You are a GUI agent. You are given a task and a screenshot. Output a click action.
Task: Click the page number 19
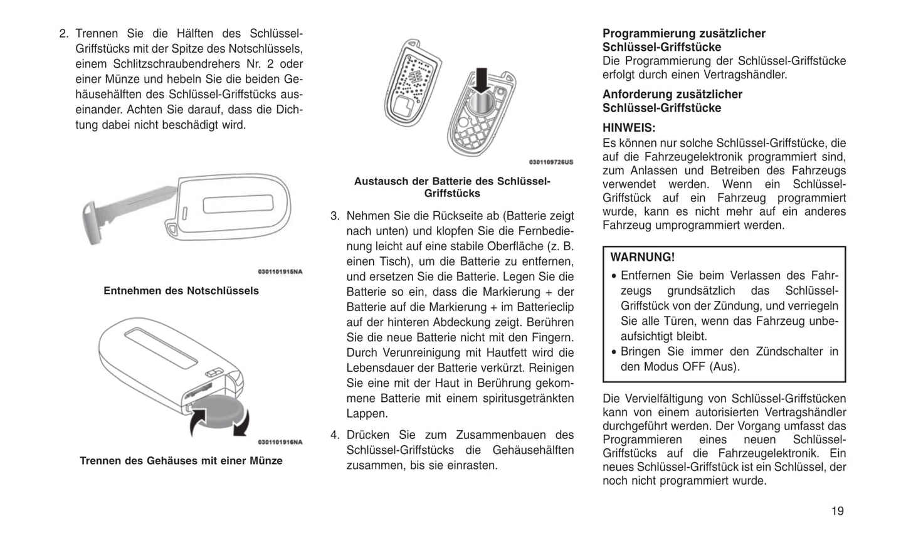click(837, 511)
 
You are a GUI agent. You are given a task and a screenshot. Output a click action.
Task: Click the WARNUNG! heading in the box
click(643, 257)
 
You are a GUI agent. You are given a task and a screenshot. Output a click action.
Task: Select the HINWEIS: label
click(629, 128)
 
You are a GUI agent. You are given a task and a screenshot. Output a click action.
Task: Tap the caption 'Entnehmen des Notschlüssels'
click(181, 291)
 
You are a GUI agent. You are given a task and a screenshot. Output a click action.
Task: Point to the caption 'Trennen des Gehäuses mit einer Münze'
click(181, 461)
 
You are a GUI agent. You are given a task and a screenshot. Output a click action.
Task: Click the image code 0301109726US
click(551, 162)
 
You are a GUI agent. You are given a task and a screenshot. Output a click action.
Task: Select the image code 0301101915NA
click(280, 272)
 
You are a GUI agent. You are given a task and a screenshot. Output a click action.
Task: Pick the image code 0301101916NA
click(280, 442)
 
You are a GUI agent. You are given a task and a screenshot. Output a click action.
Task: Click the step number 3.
click(335, 216)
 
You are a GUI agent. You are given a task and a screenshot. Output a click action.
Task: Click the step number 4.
click(335, 435)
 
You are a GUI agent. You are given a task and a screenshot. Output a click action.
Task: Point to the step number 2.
click(63, 34)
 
